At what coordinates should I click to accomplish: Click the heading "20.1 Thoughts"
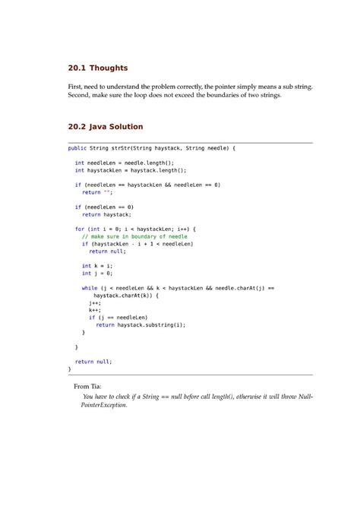point(97,68)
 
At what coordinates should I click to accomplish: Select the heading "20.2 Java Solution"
point(105,126)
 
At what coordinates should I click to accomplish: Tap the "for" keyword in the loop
point(79,229)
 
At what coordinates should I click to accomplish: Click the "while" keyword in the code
point(89,288)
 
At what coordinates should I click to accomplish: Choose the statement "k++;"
point(95,310)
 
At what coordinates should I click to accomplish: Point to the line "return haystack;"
point(106,214)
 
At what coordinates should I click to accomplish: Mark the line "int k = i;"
point(96,266)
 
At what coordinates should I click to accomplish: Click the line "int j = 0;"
point(96,273)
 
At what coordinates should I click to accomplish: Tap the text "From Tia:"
point(87,387)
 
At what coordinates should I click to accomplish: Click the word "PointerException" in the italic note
point(104,406)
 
